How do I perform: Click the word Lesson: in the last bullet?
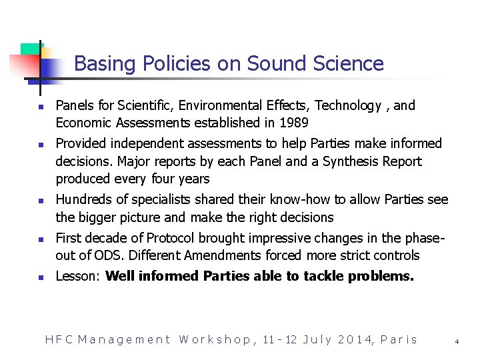pos(77,276)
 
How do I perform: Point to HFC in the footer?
pos(58,339)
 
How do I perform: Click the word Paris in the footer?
pos(399,339)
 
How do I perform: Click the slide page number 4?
pos(457,341)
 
